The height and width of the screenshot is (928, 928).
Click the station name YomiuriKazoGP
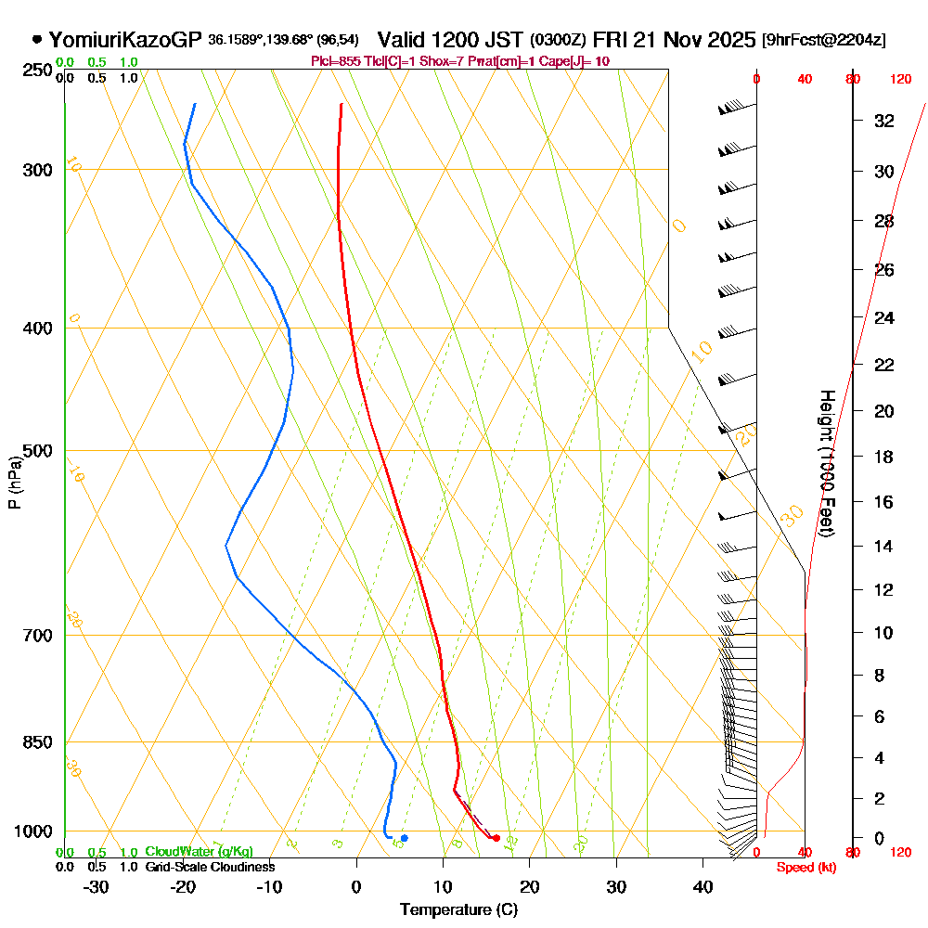(x=124, y=40)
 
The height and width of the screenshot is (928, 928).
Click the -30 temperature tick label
(x=97, y=885)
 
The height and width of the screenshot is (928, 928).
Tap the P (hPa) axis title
(x=14, y=483)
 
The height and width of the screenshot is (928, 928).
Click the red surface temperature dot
(x=496, y=838)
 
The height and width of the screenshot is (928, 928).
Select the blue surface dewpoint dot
(x=404, y=838)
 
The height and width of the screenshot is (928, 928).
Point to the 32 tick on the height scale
(x=884, y=121)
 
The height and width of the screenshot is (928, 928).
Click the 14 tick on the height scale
(x=884, y=546)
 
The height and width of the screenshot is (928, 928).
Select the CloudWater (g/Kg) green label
(x=199, y=852)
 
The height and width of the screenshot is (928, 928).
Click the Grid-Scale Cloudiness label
(x=210, y=867)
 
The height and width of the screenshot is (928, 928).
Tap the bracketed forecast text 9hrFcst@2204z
(x=823, y=40)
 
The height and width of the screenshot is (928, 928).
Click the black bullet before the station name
(x=37, y=40)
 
